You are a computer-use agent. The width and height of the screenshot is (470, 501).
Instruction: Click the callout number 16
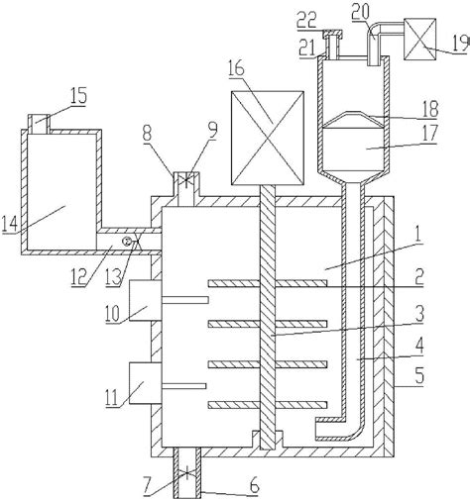[x=236, y=68]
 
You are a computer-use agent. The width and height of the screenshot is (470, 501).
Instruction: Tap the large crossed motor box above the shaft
[x=267, y=138]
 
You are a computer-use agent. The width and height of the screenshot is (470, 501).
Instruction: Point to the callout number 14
[x=9, y=224]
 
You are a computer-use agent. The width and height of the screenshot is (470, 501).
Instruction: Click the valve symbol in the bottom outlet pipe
[x=187, y=474]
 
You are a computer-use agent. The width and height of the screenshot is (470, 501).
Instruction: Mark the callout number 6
[x=254, y=486]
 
